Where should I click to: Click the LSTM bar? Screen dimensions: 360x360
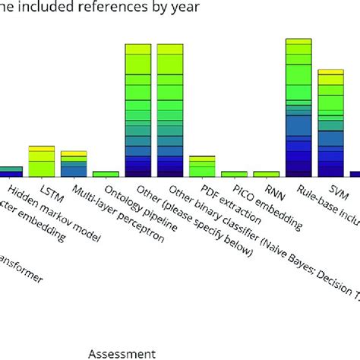click(x=41, y=161)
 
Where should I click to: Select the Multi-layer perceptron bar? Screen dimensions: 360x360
click(x=74, y=164)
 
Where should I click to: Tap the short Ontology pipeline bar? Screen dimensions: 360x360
click(x=106, y=174)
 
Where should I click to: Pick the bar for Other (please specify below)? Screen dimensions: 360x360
click(x=137, y=110)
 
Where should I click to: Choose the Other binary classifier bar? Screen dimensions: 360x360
click(x=170, y=110)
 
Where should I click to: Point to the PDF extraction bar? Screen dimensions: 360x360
click(x=202, y=166)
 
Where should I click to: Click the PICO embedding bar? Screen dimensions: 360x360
click(x=234, y=174)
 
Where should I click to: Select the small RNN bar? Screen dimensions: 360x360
click(x=266, y=174)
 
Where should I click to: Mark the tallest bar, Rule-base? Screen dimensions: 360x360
click(x=298, y=107)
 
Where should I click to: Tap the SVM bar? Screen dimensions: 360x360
click(x=330, y=124)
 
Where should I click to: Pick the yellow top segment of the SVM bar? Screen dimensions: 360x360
click(x=330, y=71)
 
